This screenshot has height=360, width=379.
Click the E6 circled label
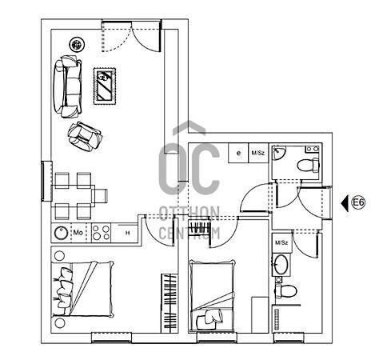pos(358,202)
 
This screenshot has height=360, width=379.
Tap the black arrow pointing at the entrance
pos(345,203)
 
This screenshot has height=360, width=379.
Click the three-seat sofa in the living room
pos(67,86)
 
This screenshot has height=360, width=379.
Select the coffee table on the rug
pos(105,86)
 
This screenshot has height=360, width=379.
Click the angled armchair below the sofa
pos(85,136)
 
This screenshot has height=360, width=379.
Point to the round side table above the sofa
pos(77,44)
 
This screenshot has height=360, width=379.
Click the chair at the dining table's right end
pos(100,196)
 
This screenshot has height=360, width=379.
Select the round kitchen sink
pos(62,233)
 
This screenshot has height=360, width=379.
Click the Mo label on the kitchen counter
pos(78,233)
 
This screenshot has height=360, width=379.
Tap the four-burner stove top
pos(101,233)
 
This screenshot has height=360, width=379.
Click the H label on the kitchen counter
pos(128,233)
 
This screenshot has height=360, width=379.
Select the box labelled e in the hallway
pos(238,153)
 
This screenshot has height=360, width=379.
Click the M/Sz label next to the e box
pos(258,153)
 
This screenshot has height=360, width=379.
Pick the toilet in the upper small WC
pos(309,165)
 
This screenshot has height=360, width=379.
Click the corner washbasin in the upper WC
pos(278,152)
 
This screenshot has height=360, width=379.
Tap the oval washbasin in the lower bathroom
pos(281,265)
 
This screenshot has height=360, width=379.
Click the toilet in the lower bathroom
pos(285,291)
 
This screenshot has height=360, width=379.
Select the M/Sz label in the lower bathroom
pos(281,242)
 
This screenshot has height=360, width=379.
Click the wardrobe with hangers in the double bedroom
pos(170,303)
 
